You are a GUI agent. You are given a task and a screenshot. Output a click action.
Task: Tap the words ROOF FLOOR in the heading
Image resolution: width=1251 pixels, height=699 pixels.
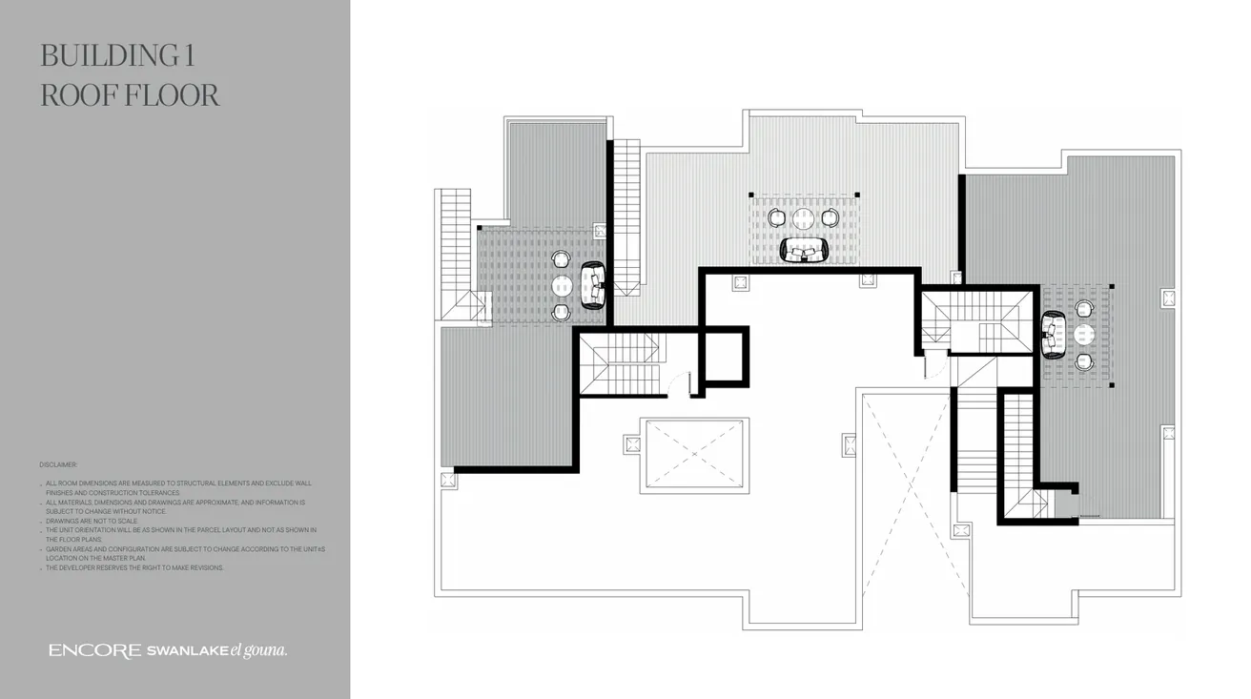click(x=130, y=95)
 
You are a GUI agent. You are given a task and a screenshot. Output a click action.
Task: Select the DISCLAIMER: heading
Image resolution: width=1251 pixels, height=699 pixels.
click(x=58, y=464)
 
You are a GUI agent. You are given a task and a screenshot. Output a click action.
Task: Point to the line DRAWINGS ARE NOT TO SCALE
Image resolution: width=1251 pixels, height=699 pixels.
click(x=92, y=522)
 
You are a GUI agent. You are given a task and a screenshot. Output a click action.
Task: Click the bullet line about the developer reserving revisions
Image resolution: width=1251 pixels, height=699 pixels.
click(x=134, y=567)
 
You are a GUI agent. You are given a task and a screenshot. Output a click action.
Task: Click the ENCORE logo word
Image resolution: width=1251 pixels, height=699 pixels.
click(x=94, y=650)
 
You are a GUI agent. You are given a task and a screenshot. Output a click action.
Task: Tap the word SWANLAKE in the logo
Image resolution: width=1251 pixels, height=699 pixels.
click(x=186, y=651)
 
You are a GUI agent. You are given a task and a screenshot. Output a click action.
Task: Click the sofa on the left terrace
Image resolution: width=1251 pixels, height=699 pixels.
click(x=593, y=285)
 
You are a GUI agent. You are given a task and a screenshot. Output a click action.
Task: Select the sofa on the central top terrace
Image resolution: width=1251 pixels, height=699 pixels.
click(x=805, y=250)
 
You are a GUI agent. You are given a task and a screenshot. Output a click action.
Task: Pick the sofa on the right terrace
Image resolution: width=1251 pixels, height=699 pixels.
click(x=1054, y=335)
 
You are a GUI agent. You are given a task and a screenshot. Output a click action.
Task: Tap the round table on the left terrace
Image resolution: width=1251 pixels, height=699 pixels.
click(x=563, y=285)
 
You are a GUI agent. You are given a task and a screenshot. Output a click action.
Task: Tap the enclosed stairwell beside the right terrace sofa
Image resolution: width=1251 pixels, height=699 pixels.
click(x=977, y=321)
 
